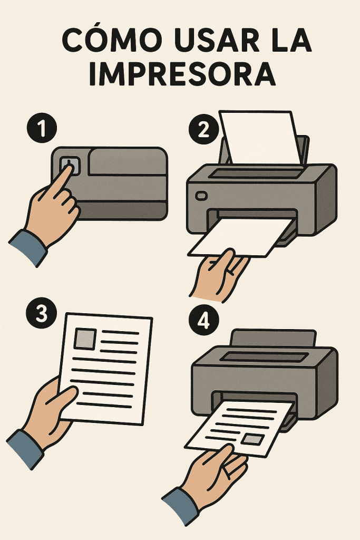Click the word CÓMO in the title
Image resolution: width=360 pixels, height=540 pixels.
111,41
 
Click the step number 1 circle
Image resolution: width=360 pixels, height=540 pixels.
42,128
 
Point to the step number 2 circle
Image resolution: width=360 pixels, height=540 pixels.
203,130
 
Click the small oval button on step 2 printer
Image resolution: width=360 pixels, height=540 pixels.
201,196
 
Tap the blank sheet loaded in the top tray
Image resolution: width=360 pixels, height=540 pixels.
260,137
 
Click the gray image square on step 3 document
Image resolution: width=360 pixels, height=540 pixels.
85,339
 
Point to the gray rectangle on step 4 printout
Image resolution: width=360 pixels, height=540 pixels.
253,439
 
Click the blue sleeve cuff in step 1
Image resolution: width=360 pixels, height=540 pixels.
27,248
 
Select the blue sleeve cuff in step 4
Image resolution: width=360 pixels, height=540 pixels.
180,506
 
